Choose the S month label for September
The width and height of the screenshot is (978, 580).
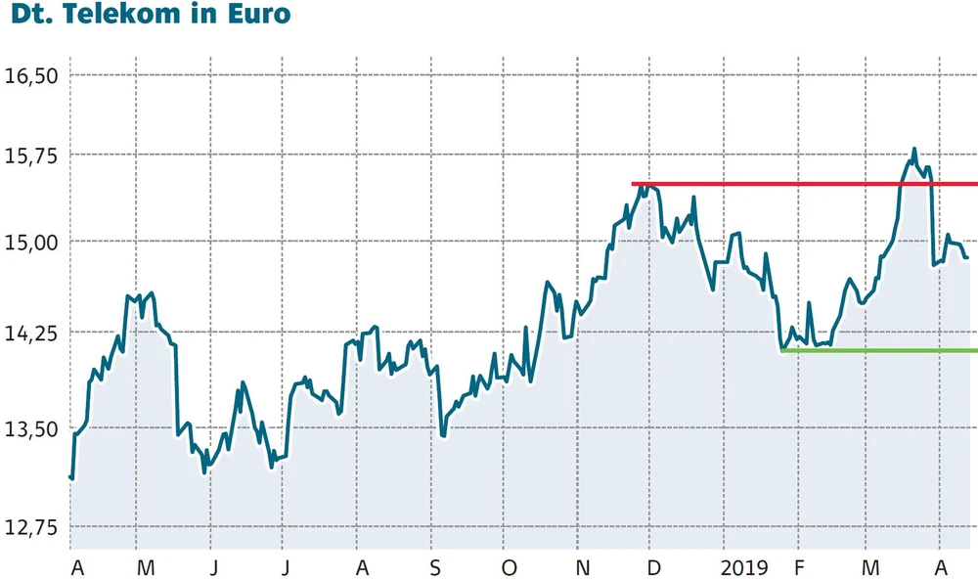click(434, 568)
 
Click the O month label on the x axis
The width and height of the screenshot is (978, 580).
click(508, 568)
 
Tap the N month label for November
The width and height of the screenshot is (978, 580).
click(581, 568)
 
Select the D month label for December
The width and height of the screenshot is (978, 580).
click(653, 568)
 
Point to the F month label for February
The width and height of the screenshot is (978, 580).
click(798, 568)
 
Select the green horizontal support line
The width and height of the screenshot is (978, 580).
click(880, 350)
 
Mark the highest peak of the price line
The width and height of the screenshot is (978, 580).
click(914, 150)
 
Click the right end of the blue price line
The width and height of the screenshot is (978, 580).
click(967, 257)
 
